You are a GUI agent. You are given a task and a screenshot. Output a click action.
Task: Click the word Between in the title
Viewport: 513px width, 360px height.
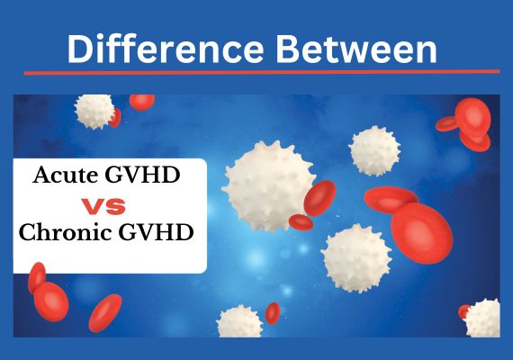point(356,49)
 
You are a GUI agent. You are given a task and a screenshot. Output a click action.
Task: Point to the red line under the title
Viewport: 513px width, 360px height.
point(262,72)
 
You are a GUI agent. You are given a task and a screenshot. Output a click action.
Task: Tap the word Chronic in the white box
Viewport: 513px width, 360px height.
point(64,232)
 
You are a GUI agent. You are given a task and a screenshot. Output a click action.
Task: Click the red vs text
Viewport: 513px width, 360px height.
point(103,206)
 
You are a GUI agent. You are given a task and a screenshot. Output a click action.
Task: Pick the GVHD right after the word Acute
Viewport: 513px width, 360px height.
point(142,175)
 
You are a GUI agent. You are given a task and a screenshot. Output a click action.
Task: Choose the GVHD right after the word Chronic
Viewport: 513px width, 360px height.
point(156,232)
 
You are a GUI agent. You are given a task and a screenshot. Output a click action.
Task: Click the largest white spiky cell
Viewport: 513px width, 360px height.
point(267,185)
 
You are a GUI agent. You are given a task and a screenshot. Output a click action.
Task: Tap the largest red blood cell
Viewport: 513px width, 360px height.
point(422,233)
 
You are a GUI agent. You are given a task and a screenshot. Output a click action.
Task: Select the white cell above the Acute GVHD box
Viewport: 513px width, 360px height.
point(94,112)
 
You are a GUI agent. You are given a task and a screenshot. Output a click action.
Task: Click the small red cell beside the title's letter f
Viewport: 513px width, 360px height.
point(141,102)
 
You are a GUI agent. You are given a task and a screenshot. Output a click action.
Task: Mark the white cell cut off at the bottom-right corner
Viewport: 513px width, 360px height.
point(483,319)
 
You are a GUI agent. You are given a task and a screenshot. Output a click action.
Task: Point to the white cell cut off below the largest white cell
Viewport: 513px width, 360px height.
point(239,321)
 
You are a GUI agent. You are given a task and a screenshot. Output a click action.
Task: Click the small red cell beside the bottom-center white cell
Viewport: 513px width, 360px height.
point(272,313)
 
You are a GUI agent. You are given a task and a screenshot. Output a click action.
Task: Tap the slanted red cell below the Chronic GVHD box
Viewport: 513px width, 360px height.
point(105,313)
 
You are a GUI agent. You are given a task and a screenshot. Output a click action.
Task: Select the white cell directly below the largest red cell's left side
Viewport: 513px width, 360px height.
point(356,258)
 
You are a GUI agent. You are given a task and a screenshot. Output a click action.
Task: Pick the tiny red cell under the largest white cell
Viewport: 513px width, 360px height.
point(301,222)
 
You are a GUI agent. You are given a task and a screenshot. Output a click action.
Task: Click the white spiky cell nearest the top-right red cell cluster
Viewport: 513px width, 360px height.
point(374,151)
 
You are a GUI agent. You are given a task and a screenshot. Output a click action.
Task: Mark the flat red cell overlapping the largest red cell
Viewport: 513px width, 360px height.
point(391,199)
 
